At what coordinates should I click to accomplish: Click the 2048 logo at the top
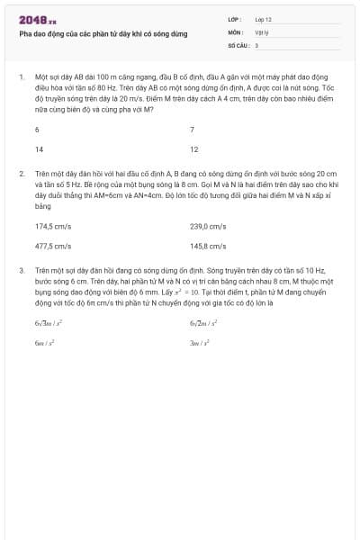37,20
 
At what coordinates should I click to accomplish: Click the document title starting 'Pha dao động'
103,33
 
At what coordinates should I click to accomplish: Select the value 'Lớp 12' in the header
264,19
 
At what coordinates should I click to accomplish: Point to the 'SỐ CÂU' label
237,44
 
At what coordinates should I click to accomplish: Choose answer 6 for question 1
37,130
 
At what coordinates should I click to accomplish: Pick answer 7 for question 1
192,130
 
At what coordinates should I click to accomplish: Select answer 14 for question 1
39,149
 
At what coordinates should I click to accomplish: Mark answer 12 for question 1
193,149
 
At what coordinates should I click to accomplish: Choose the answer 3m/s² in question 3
199,343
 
